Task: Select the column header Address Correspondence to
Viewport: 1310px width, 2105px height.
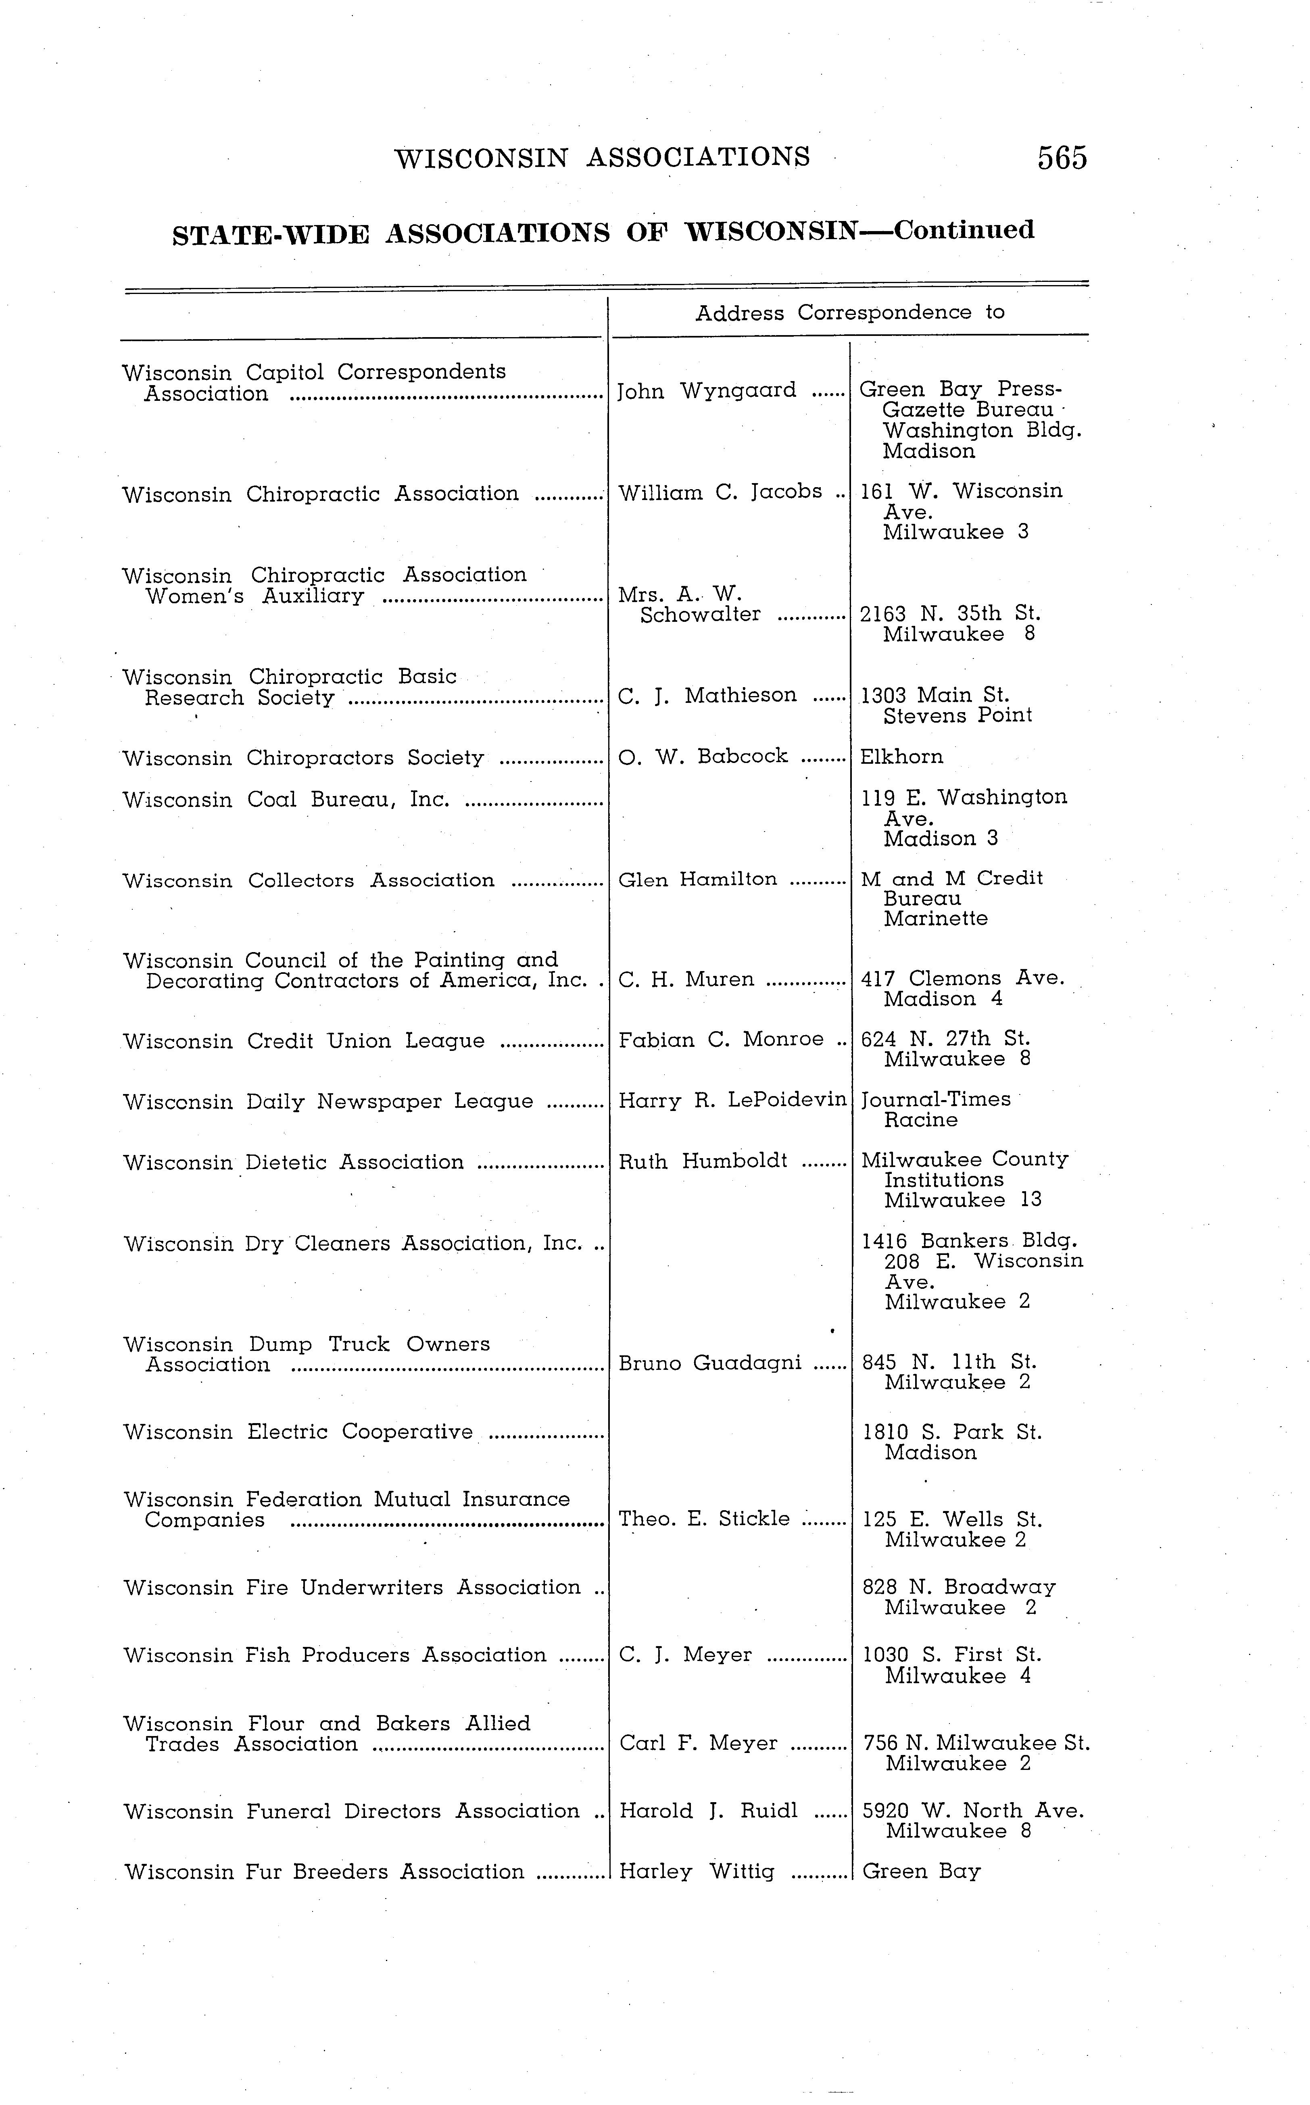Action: pos(849,313)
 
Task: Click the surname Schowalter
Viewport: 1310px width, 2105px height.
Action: pos(700,615)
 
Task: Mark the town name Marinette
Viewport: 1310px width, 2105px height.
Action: pos(936,919)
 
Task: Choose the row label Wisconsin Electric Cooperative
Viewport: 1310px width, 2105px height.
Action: pos(298,1432)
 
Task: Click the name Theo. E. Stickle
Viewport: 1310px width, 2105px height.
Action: pos(703,1519)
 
